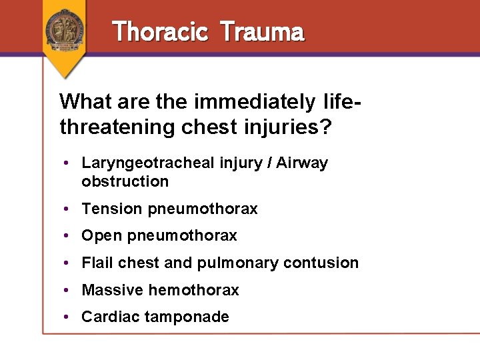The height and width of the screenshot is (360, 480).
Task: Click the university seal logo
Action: click(65, 29)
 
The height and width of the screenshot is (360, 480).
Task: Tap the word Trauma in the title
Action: click(261, 31)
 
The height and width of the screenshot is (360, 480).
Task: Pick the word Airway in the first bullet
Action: click(304, 163)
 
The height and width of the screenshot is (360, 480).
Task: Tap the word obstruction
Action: click(125, 181)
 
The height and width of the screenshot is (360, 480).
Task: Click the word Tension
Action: click(112, 209)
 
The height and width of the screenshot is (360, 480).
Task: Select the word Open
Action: click(101, 236)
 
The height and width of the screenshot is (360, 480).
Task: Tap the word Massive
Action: click(112, 290)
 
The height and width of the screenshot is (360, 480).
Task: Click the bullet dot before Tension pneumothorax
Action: click(69, 209)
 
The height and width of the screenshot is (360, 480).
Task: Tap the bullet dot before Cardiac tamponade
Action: click(69, 317)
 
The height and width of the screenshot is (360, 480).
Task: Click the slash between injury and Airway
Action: click(271, 163)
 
